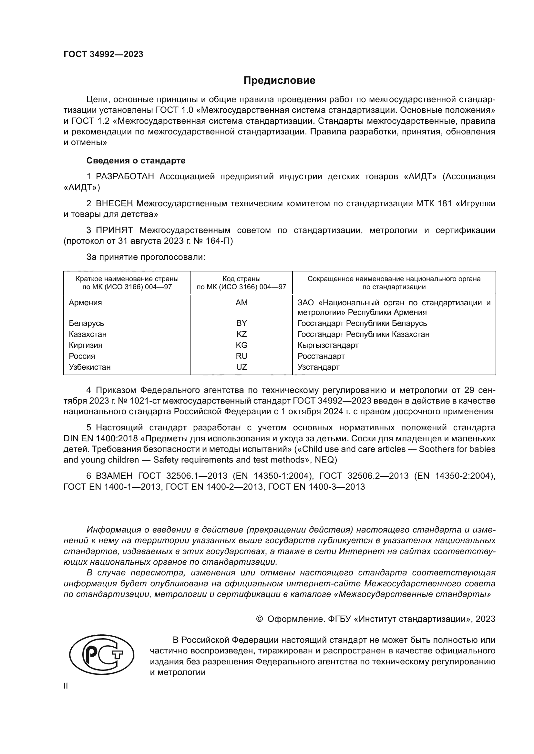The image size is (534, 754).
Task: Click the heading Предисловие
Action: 279,81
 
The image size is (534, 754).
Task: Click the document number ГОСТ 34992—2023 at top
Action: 103,54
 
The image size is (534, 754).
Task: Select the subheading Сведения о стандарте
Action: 136,161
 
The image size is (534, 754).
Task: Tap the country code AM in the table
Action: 241,303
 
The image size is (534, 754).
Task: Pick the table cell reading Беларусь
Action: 86,323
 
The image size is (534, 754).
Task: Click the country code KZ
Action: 241,334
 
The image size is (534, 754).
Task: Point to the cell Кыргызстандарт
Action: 328,345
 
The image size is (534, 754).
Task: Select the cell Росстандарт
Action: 321,356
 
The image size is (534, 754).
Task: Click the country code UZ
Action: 241,367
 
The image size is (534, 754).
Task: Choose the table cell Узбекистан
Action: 89,367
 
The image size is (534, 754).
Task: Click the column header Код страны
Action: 241,279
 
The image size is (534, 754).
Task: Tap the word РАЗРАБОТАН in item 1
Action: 125,177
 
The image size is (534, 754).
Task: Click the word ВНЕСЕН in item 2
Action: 114,204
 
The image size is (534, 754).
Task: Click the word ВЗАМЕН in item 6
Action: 114,476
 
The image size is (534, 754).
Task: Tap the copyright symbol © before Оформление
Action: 259,619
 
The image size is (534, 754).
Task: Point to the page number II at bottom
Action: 66,686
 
